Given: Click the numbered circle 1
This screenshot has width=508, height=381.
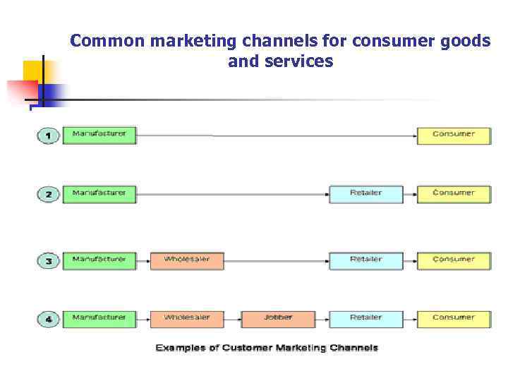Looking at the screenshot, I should [x=48, y=135].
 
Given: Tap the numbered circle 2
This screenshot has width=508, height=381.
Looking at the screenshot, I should [x=48, y=194].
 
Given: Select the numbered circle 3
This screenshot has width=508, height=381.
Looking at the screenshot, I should [x=48, y=260].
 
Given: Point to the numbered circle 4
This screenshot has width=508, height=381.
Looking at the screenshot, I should [x=48, y=319].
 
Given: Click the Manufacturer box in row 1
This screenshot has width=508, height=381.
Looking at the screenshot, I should [x=99, y=135].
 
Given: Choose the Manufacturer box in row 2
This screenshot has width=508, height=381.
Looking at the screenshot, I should [x=99, y=193].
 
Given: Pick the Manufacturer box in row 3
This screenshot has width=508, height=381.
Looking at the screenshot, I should [x=99, y=260].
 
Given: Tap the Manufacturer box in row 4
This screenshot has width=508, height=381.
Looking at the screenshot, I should [x=99, y=318].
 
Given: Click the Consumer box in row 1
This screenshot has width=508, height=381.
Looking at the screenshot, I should [x=454, y=135].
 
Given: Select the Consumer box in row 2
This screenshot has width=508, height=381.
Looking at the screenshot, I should [x=454, y=193].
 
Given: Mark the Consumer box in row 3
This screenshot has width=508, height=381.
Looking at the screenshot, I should [x=454, y=260].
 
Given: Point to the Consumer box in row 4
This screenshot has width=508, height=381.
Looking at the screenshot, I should [x=454, y=318].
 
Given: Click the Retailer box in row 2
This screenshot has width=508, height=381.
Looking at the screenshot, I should [x=366, y=193].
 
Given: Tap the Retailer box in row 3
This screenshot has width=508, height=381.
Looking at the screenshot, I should [x=366, y=260].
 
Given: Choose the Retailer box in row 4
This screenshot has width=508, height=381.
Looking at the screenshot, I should [x=366, y=318].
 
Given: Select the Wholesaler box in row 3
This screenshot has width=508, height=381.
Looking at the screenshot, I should [x=187, y=260].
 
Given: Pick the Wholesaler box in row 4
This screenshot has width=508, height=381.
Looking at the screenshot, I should [x=187, y=318].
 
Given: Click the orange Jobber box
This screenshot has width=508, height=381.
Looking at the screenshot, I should [x=278, y=318].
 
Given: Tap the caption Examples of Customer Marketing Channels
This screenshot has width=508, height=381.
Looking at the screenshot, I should [x=267, y=348].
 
